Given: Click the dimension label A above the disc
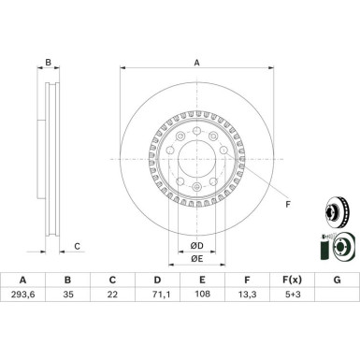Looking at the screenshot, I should (x=196, y=63).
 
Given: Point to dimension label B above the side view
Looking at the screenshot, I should (x=49, y=63).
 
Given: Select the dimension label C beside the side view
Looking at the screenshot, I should (x=78, y=247).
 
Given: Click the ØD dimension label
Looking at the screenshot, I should (x=197, y=245).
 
